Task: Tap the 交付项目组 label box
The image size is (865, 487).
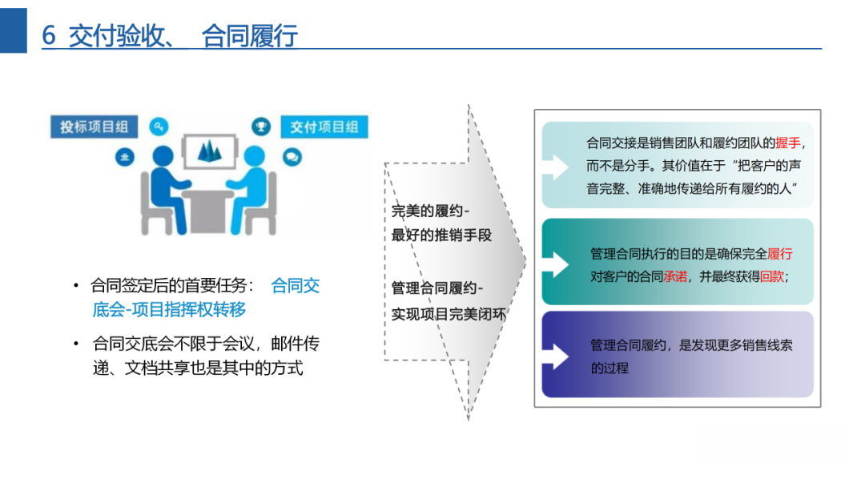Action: [x=324, y=127]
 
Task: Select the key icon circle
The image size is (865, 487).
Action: [x=159, y=127]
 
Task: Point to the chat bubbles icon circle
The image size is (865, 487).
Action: [x=292, y=158]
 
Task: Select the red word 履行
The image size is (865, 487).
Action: [x=780, y=254]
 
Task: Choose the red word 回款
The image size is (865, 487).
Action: [x=772, y=277]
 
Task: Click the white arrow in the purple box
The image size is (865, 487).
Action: [x=555, y=354]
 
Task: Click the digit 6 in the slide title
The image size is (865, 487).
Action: [x=49, y=36]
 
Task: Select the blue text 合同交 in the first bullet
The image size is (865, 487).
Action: [x=296, y=286]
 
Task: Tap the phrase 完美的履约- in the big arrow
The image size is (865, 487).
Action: [x=431, y=211]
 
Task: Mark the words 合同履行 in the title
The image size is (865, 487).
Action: [x=250, y=36]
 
